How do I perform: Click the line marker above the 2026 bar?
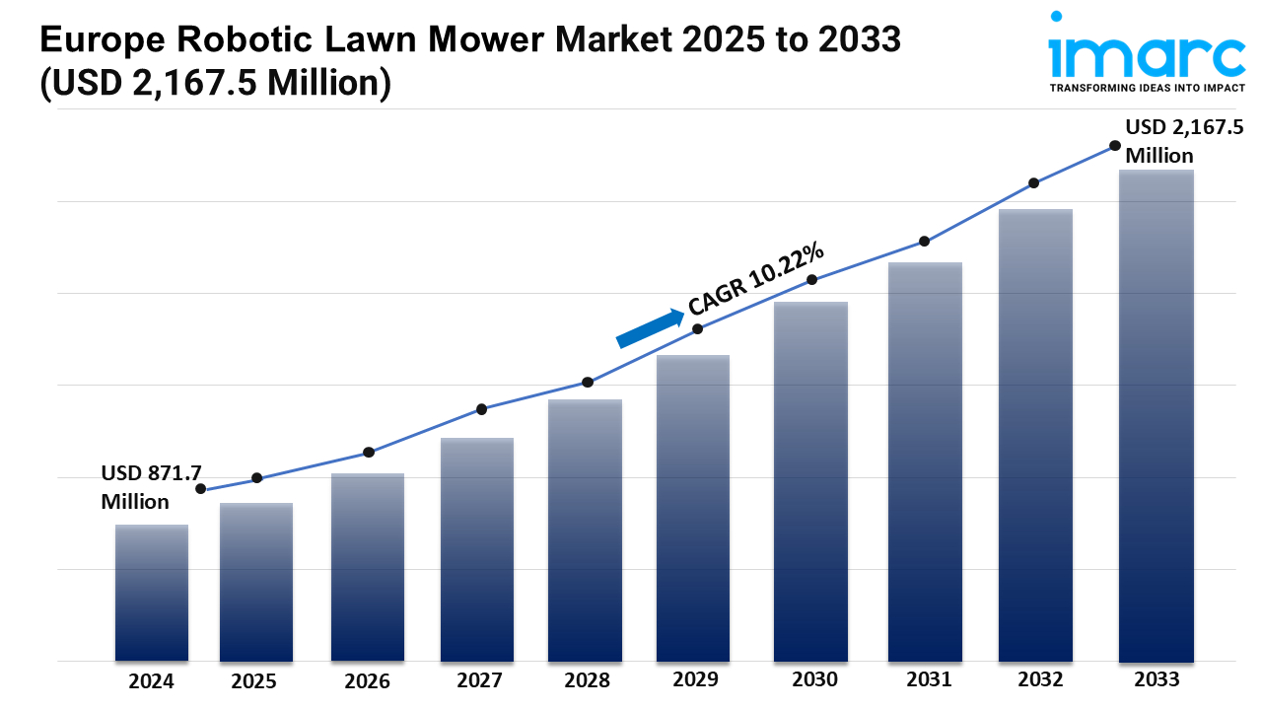tap(369, 453)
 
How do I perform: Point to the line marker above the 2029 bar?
tap(697, 329)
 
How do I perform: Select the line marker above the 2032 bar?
tap(1033, 183)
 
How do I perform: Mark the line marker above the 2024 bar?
tap(201, 489)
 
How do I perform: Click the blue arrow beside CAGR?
tap(650, 328)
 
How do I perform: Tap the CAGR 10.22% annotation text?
tap(756, 279)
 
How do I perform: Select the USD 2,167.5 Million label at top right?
tap(1183, 141)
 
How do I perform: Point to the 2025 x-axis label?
tap(254, 681)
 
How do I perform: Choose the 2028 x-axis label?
tap(586, 680)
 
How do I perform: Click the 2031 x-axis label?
tap(928, 679)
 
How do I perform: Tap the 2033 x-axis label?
tap(1156, 679)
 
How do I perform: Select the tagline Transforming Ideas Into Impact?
tap(1147, 89)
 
